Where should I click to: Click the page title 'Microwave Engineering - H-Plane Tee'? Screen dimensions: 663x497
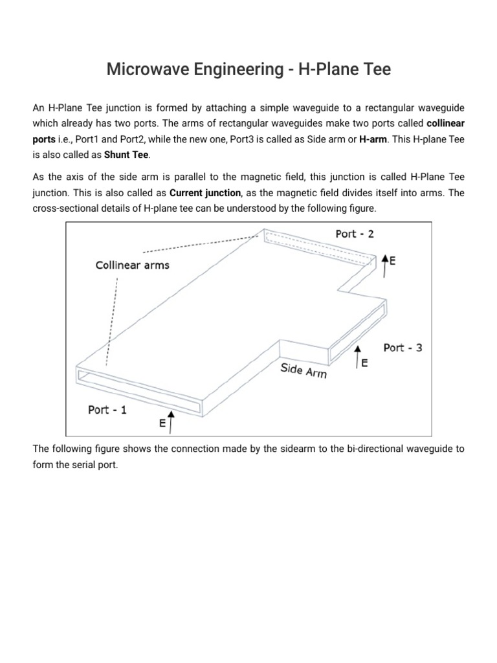tap(248, 69)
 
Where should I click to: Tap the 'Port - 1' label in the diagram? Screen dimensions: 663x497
tap(107, 410)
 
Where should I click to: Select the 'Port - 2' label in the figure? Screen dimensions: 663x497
tap(355, 234)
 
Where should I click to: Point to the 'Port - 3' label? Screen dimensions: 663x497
tap(403, 348)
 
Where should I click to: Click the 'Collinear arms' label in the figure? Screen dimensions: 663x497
tap(132, 265)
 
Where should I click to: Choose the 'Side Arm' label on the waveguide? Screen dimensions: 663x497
tap(304, 371)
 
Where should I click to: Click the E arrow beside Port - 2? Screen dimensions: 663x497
tap(386, 265)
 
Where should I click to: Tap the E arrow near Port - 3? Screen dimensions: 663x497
tap(357, 357)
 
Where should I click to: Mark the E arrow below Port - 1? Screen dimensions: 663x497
tap(170, 420)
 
